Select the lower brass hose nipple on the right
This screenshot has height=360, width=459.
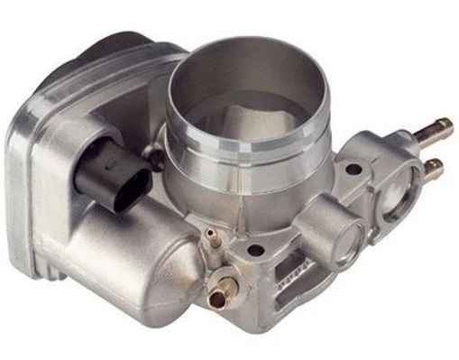(432, 166)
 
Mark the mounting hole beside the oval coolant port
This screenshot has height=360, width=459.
(353, 169)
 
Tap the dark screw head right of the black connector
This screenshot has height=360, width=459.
(155, 160)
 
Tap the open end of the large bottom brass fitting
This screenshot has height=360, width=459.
(214, 297)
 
